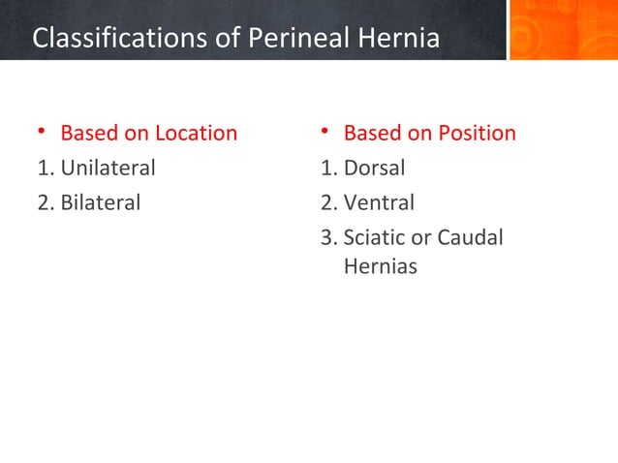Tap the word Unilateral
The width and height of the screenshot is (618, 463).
pos(108,168)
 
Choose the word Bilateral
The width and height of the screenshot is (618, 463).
pos(101,202)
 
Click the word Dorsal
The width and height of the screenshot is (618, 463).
pos(374,168)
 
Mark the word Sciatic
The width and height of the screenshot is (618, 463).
pos(374,237)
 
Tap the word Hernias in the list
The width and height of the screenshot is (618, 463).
pos(381,266)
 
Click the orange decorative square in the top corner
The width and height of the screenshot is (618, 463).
pos(563,30)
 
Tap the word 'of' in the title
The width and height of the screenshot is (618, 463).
pos(224,39)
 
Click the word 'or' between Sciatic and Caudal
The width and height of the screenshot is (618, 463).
pos(421,237)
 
